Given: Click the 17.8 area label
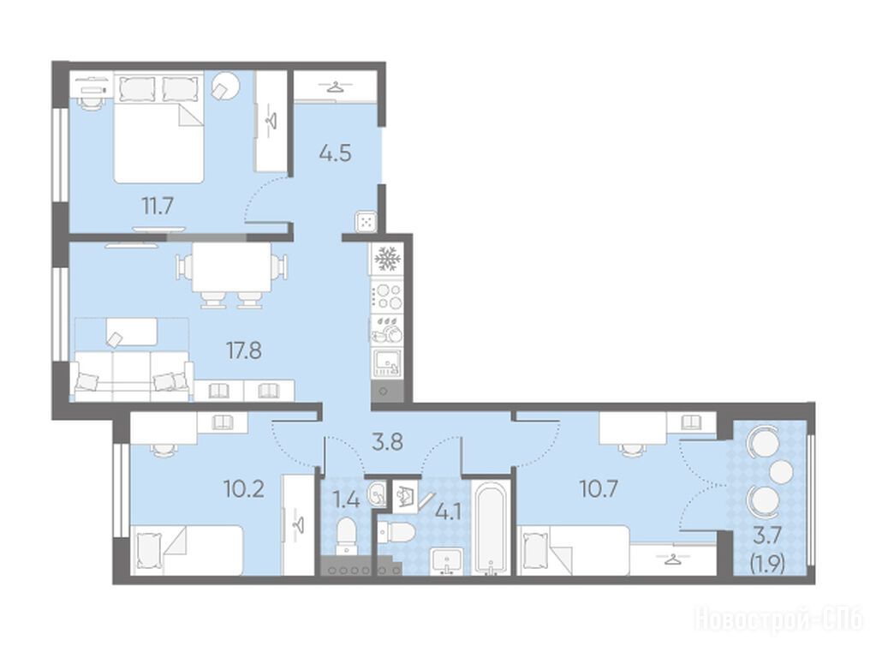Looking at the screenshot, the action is (x=244, y=351).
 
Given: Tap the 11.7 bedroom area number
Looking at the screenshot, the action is (x=157, y=206).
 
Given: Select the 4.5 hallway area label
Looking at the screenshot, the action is (x=335, y=153).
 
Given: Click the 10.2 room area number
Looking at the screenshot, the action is (x=243, y=490).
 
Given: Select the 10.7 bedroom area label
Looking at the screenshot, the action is (x=598, y=490).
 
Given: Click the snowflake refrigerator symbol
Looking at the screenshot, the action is (x=386, y=260).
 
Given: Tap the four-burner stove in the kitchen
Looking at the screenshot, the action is (x=387, y=296).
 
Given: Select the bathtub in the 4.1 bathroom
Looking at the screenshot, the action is (x=491, y=526).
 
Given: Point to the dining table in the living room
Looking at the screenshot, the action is (x=231, y=266).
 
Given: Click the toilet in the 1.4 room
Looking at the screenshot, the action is (x=347, y=536).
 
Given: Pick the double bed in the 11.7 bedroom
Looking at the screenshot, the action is (x=158, y=127).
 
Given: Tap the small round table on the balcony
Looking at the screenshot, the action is (x=781, y=472).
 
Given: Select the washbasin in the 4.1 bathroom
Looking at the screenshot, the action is (x=446, y=560).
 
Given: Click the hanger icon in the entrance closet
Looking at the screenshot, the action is (x=333, y=87).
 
